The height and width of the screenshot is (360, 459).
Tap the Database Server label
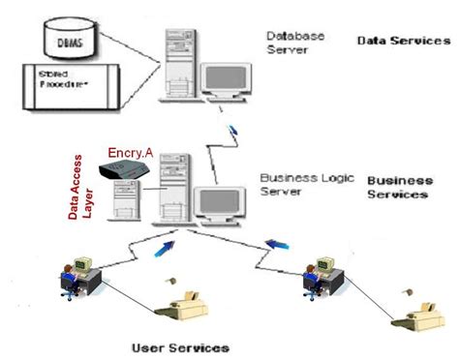tap(295, 42)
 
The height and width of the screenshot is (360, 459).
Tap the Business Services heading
tap(398, 187)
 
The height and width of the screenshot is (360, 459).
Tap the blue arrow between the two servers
tap(232, 130)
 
